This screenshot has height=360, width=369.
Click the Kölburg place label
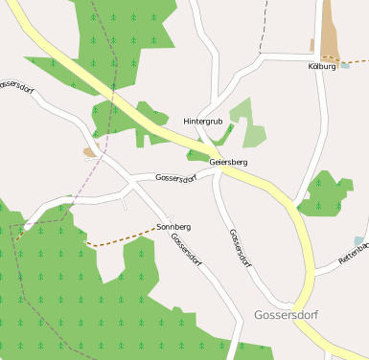pos(322,66)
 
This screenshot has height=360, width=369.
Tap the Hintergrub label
pos(203,122)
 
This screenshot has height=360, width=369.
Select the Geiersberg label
pos(228,163)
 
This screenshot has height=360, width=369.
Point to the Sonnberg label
pos(173,226)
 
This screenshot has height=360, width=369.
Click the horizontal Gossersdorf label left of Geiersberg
pos(175,178)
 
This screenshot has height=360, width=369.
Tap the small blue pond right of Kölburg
pos(346,66)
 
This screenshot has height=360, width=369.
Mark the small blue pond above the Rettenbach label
pos(358,241)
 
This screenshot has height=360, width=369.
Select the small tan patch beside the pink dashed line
pos(90,151)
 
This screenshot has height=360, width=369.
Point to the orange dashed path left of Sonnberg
pos(120,238)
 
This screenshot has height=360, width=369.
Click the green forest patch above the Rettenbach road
pos(327,194)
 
